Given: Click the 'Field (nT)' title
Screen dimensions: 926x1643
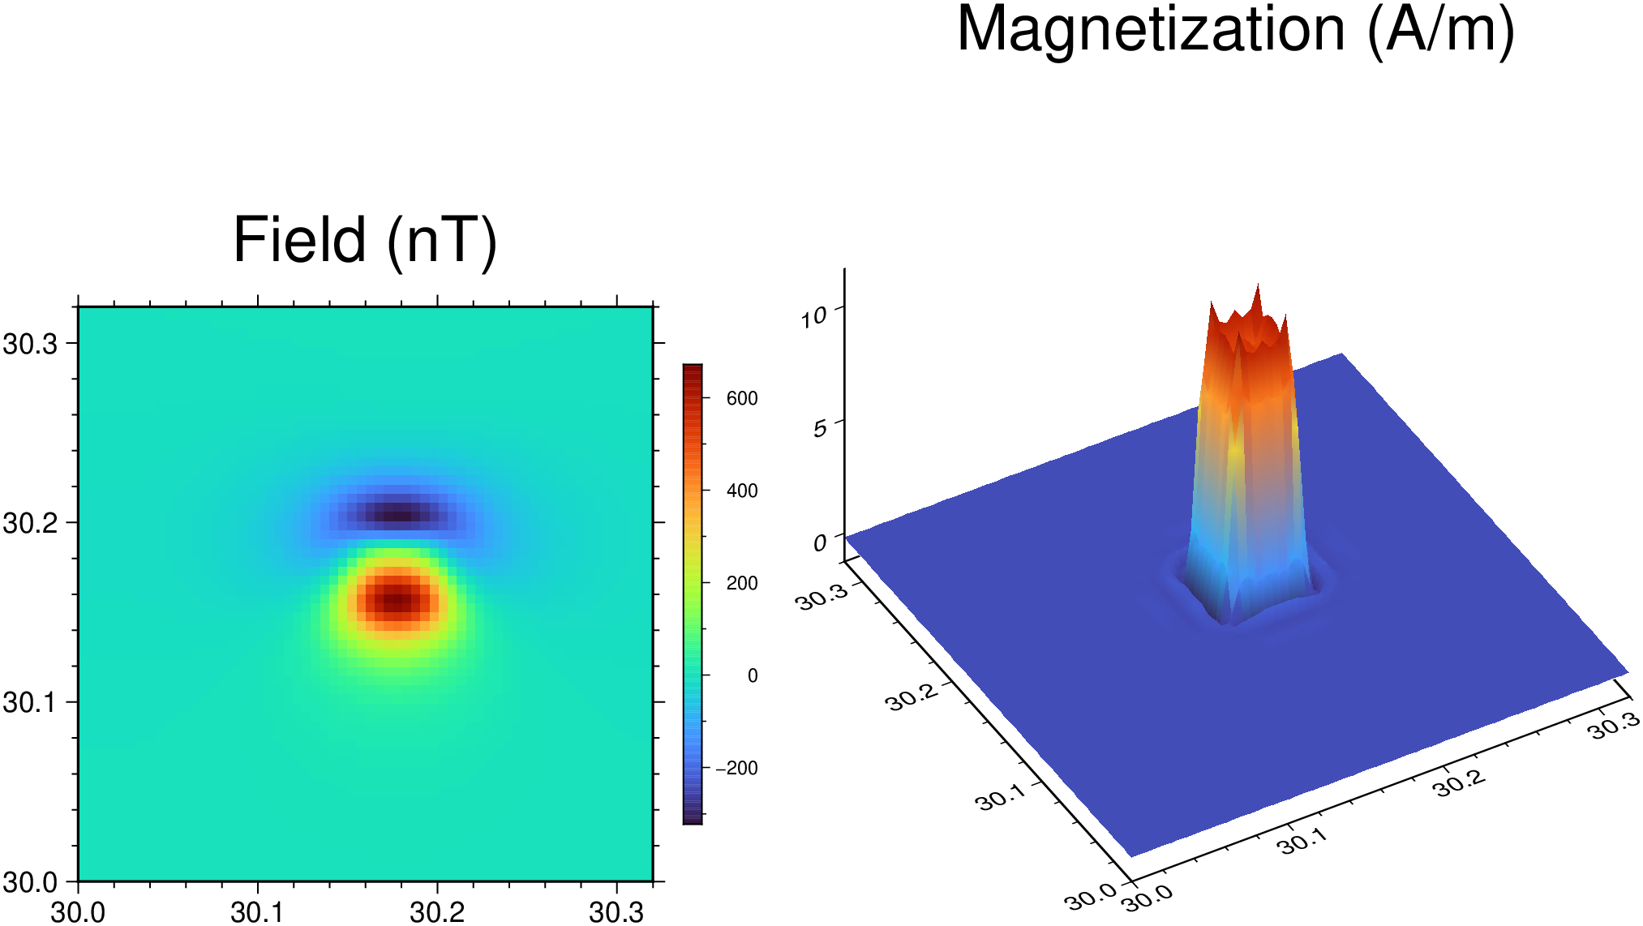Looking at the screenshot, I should click(x=365, y=241).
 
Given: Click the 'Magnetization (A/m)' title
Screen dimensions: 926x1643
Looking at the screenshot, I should click(x=1235, y=31).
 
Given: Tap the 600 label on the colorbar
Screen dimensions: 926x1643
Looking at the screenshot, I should click(x=742, y=398).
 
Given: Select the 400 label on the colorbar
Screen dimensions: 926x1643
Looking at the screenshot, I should click(x=742, y=491).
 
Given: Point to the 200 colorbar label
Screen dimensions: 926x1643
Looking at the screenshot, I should click(x=742, y=583).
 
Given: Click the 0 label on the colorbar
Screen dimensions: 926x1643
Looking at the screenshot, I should click(x=753, y=675).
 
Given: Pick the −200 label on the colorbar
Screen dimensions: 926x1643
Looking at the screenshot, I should click(x=736, y=768).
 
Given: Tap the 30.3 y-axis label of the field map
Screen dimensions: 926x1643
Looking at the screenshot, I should click(x=31, y=344).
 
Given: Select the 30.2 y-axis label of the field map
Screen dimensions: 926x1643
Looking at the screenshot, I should click(x=31, y=523).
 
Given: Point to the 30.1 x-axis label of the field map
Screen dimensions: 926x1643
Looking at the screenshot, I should click(x=257, y=912).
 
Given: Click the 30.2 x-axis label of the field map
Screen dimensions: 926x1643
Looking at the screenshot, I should click(x=437, y=912).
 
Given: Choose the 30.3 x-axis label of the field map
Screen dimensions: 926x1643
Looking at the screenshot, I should click(x=616, y=912).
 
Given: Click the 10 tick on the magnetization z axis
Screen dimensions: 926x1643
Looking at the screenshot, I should click(x=813, y=316).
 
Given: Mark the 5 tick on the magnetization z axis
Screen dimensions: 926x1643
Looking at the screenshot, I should click(x=820, y=427).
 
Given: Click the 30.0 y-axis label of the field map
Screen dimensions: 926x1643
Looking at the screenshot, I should click(x=31, y=881).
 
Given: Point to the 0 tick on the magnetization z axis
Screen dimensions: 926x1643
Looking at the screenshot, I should click(x=821, y=542).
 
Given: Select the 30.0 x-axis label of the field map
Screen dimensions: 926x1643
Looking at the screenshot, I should click(x=78, y=912).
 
